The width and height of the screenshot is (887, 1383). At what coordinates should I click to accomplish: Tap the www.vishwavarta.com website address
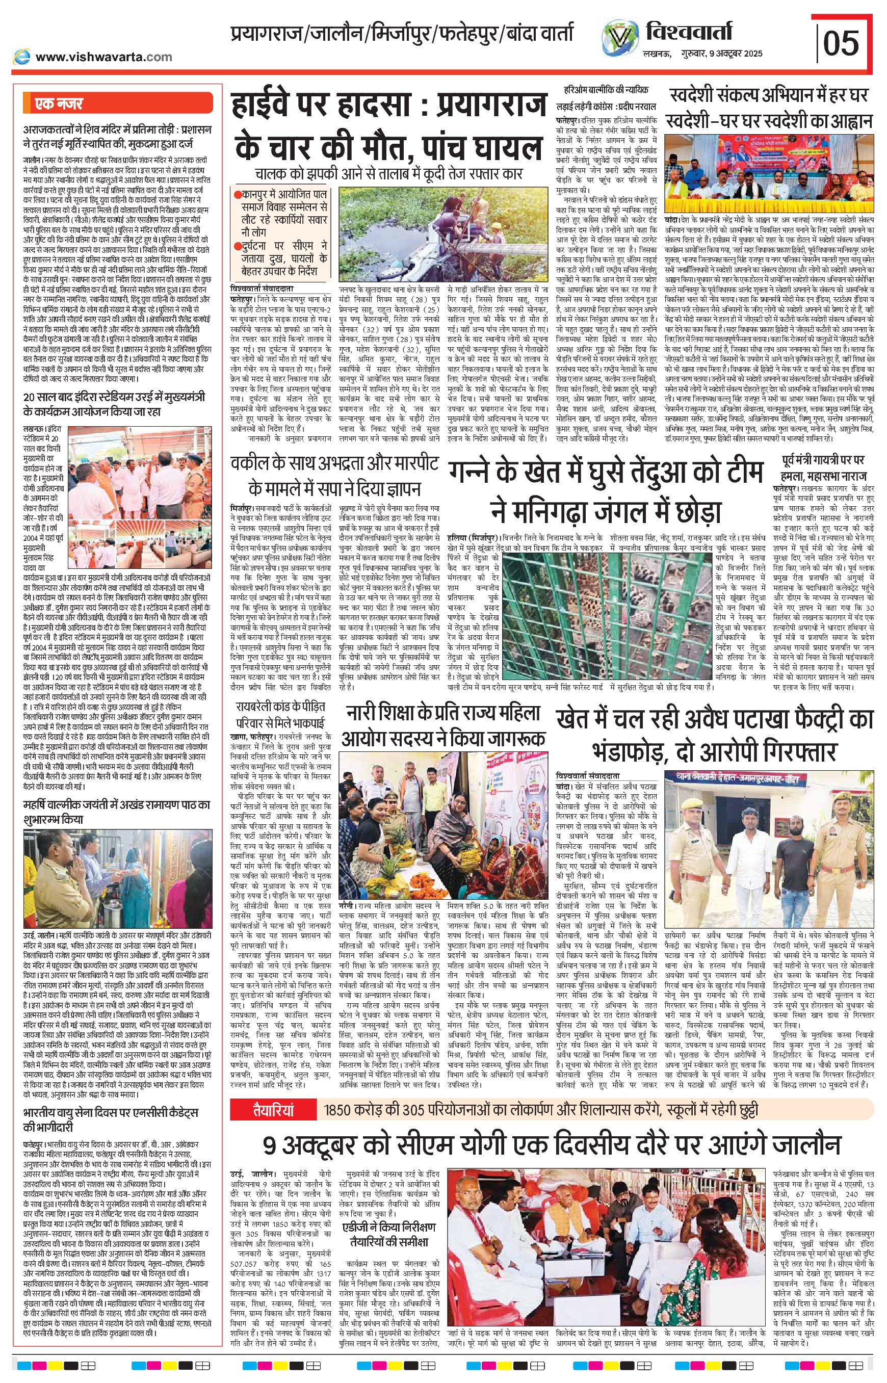(103, 57)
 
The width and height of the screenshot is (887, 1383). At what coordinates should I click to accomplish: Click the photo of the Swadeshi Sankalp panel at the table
(769, 174)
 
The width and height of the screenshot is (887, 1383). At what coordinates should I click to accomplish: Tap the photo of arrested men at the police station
(769, 819)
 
